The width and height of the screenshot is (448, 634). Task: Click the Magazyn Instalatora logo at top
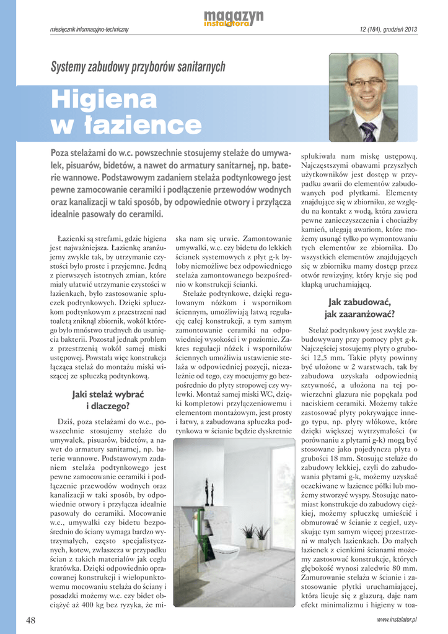coord(234,18)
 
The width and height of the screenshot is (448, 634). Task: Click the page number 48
coord(31,619)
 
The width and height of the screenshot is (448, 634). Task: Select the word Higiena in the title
coord(103,99)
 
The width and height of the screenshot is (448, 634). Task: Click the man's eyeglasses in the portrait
coord(365,82)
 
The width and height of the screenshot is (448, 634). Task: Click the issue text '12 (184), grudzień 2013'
coord(388,30)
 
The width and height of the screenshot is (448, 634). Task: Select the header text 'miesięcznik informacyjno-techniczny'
coord(89,30)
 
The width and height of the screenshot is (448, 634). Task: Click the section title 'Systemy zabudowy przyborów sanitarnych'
coord(138,67)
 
